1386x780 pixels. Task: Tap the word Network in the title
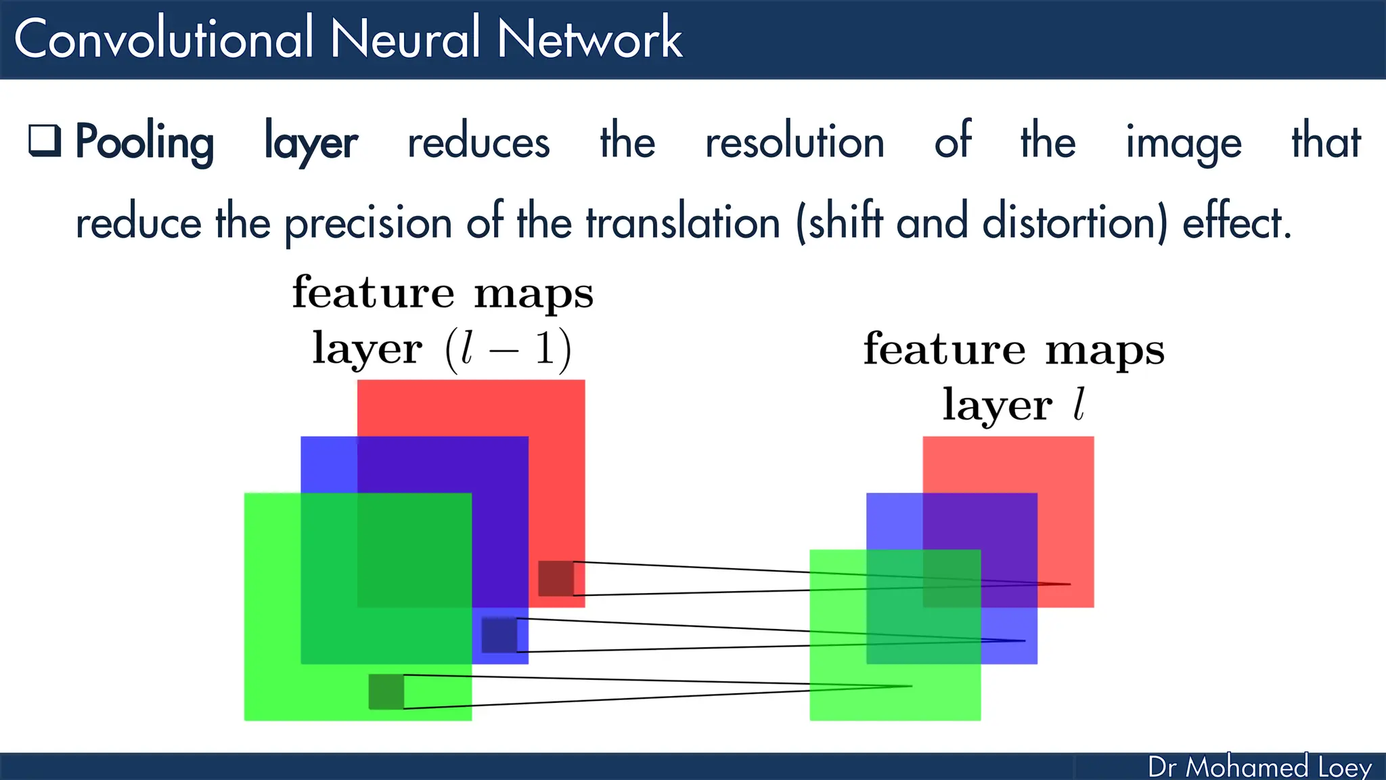589,39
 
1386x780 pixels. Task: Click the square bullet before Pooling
45,141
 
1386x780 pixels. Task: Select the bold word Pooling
144,143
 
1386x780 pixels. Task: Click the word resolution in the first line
795,143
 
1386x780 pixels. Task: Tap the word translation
683,222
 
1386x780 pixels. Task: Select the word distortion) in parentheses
1075,222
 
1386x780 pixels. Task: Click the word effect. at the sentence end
1236,222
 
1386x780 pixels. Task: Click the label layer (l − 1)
441,349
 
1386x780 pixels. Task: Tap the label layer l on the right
1013,405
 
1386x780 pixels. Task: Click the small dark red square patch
556,578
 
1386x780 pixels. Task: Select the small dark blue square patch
499,635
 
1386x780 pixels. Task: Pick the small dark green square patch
386,691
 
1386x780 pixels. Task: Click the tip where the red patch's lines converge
1069,584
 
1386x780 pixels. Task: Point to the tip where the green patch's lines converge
911,686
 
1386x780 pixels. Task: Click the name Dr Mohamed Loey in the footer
1259,767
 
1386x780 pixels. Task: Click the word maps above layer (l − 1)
533,295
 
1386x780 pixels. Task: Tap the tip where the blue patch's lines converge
1024,641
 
